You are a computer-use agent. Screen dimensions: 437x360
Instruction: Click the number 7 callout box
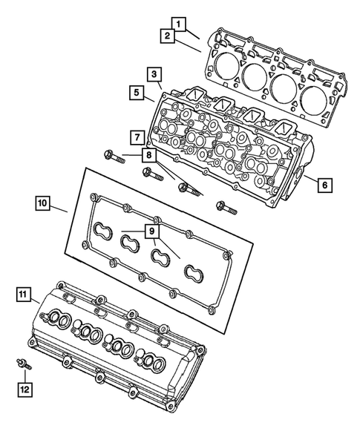coord(135,137)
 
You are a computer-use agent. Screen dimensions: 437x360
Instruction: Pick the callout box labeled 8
coord(151,155)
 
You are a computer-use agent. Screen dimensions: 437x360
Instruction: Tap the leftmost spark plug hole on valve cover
coord(62,321)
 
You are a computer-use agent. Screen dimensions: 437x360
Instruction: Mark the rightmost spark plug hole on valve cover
coord(156,364)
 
